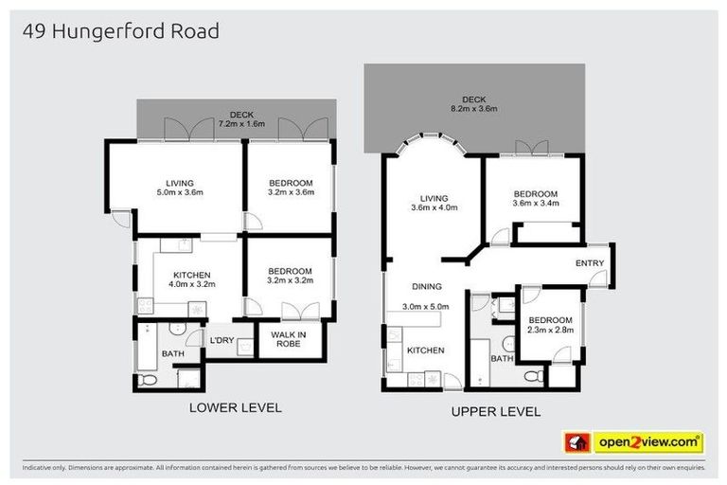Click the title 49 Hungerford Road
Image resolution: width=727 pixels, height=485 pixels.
pos(120,31)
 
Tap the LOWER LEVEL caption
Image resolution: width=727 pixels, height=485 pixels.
pos(235,408)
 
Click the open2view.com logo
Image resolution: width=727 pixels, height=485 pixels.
pos(633,441)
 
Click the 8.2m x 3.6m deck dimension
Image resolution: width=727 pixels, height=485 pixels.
pos(473,109)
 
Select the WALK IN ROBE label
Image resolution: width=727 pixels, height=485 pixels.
pos(287,338)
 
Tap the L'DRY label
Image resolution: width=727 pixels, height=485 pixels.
pos(222,340)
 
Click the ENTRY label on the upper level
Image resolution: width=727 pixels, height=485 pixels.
pos(589,263)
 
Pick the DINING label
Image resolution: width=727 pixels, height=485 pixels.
pos(427,285)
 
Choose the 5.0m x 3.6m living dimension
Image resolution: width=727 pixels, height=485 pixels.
pos(179,193)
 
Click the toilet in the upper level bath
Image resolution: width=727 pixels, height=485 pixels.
pos(535,376)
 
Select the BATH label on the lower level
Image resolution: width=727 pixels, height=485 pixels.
pos(172,354)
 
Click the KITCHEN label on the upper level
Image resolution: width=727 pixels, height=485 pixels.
pos(425,350)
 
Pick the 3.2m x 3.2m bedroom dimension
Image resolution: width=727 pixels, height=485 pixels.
pos(290,281)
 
